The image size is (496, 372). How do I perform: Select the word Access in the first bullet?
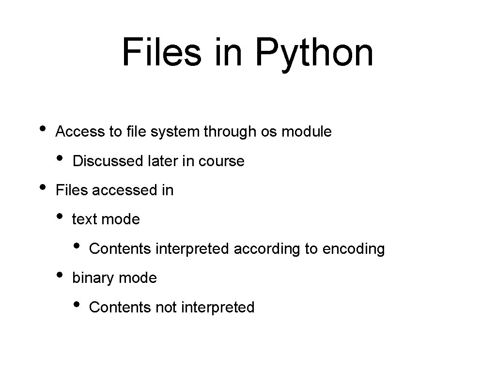(80, 132)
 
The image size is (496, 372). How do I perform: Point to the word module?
(307, 132)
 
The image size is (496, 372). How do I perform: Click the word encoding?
(354, 249)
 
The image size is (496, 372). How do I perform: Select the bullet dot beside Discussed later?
(60, 158)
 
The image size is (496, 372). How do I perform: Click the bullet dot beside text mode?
(60, 216)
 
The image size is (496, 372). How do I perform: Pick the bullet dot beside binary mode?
(60, 274)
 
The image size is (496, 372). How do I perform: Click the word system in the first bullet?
(176, 132)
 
